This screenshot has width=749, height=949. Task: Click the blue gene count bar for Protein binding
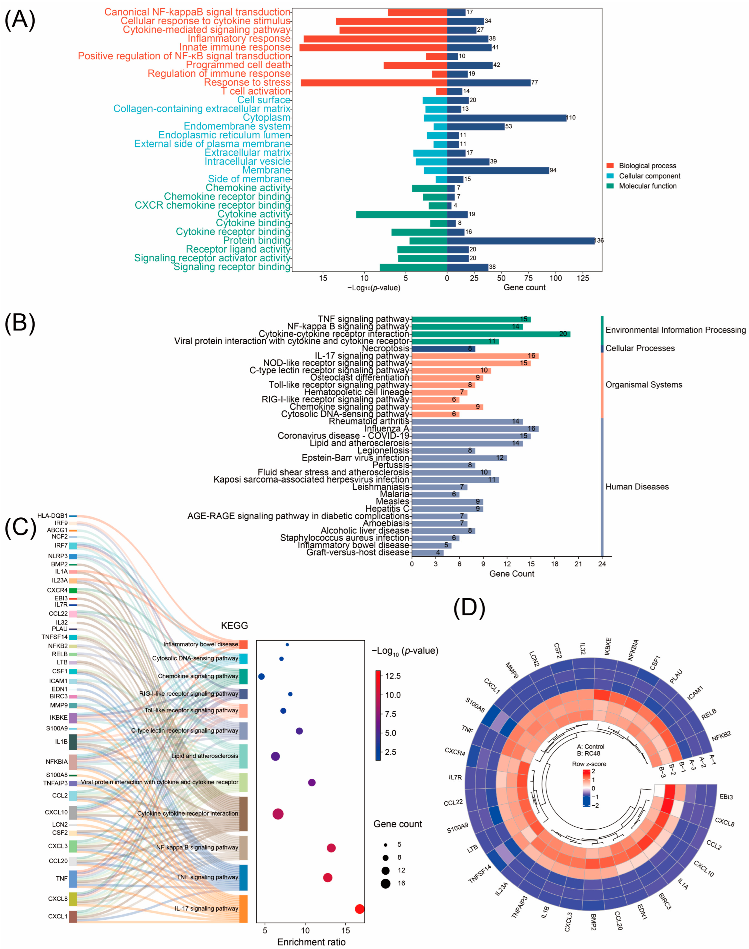click(520, 241)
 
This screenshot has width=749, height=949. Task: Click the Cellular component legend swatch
click(610, 176)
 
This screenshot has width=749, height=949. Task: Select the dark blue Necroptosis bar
click(443, 348)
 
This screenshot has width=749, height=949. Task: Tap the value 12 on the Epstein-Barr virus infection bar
click(500, 458)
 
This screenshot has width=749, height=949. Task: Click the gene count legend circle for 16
click(385, 883)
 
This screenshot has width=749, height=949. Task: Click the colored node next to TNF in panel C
click(73, 878)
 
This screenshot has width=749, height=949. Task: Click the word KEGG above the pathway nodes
click(234, 625)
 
